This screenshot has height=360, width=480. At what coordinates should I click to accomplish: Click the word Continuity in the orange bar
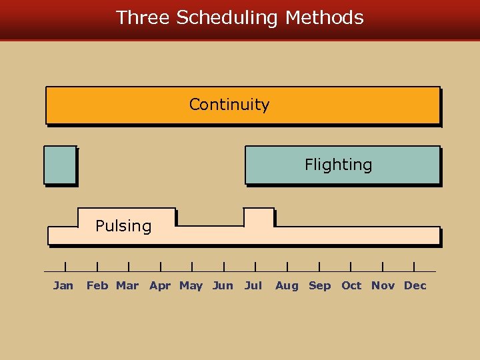click(229, 105)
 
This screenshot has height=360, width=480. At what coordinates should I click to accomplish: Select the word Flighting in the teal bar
click(338, 165)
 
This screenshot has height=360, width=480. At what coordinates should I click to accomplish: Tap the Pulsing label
click(123, 226)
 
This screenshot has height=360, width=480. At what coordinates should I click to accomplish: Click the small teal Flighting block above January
click(60, 165)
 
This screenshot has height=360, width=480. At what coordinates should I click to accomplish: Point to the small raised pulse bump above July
click(259, 217)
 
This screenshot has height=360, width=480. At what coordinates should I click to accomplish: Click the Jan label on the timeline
click(63, 285)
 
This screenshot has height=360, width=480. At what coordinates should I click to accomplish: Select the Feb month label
click(97, 285)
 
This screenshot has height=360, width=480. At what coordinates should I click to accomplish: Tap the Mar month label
click(127, 285)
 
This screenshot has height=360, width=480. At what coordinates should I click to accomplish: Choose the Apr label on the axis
click(160, 285)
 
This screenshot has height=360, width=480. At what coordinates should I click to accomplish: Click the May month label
click(191, 285)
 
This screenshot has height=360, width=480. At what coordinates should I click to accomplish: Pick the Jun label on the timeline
click(223, 285)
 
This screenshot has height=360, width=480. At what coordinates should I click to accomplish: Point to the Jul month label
click(253, 285)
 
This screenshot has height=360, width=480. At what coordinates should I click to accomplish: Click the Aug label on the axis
click(287, 285)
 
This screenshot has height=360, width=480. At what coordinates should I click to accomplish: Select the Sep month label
click(319, 285)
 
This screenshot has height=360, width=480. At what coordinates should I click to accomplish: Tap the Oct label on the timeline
click(351, 285)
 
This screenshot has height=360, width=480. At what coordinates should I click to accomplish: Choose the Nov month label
click(383, 285)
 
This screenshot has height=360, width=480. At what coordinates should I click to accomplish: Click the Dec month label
click(415, 285)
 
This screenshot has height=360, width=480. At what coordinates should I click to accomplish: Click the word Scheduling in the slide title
click(227, 18)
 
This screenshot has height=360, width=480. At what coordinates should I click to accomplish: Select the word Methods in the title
click(325, 17)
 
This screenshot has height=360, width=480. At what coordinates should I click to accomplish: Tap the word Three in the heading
click(143, 17)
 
